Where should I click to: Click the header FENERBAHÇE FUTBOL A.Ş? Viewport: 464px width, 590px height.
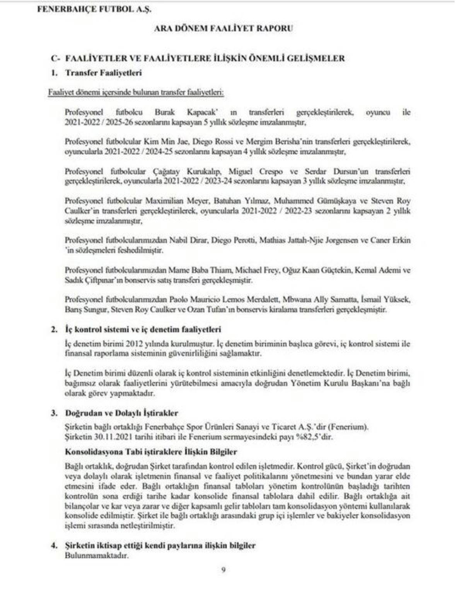tap(94, 10)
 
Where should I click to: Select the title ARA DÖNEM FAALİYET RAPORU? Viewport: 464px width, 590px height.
tap(223, 28)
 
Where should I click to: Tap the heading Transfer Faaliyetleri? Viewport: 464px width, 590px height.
tap(103, 73)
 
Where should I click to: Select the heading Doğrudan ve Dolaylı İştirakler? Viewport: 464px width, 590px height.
tap(121, 413)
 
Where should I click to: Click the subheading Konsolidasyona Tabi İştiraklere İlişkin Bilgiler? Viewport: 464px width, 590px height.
tap(151, 452)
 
